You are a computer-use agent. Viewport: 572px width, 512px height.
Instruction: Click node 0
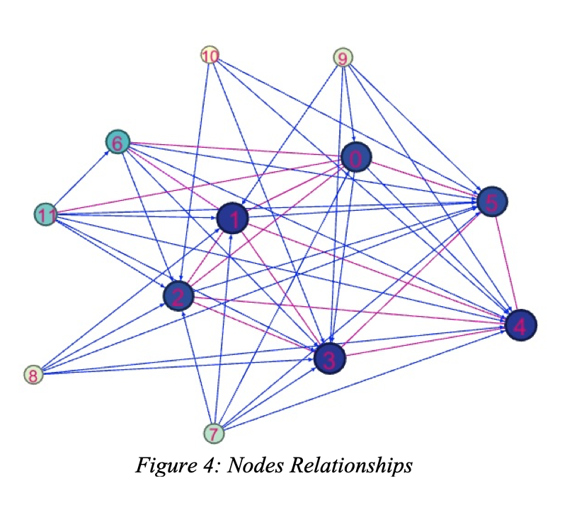pos(356,160)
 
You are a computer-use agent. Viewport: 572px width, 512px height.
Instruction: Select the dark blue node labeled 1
pos(232,219)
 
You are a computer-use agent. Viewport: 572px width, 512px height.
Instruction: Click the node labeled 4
pos(520,325)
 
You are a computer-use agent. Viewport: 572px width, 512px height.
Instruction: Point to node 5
pos(493,202)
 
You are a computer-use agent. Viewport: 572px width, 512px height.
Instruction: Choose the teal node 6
pos(117,143)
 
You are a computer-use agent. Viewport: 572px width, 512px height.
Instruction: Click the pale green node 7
pos(213,432)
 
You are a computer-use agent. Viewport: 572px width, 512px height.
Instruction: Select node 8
pos(33,374)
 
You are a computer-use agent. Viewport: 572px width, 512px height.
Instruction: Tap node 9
pos(343,58)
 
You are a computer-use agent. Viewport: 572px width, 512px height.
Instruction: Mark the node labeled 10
pos(210,55)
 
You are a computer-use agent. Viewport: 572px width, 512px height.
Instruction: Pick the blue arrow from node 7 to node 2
pos(197,368)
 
